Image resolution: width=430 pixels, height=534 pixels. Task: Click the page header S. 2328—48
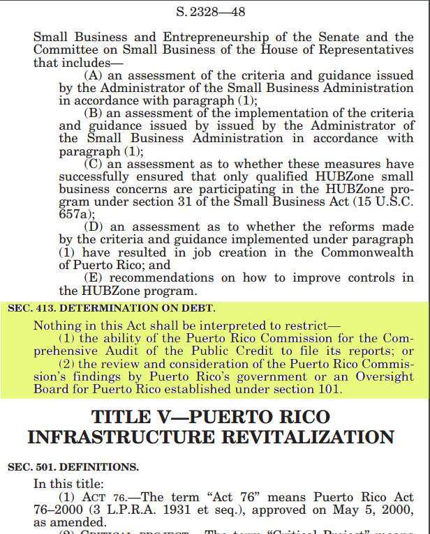(215, 12)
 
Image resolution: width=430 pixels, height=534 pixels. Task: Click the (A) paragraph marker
(93, 75)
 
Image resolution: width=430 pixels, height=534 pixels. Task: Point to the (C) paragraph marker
(94, 163)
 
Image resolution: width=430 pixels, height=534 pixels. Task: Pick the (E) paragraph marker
(93, 277)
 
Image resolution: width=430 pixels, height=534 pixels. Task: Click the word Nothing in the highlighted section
(57, 325)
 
